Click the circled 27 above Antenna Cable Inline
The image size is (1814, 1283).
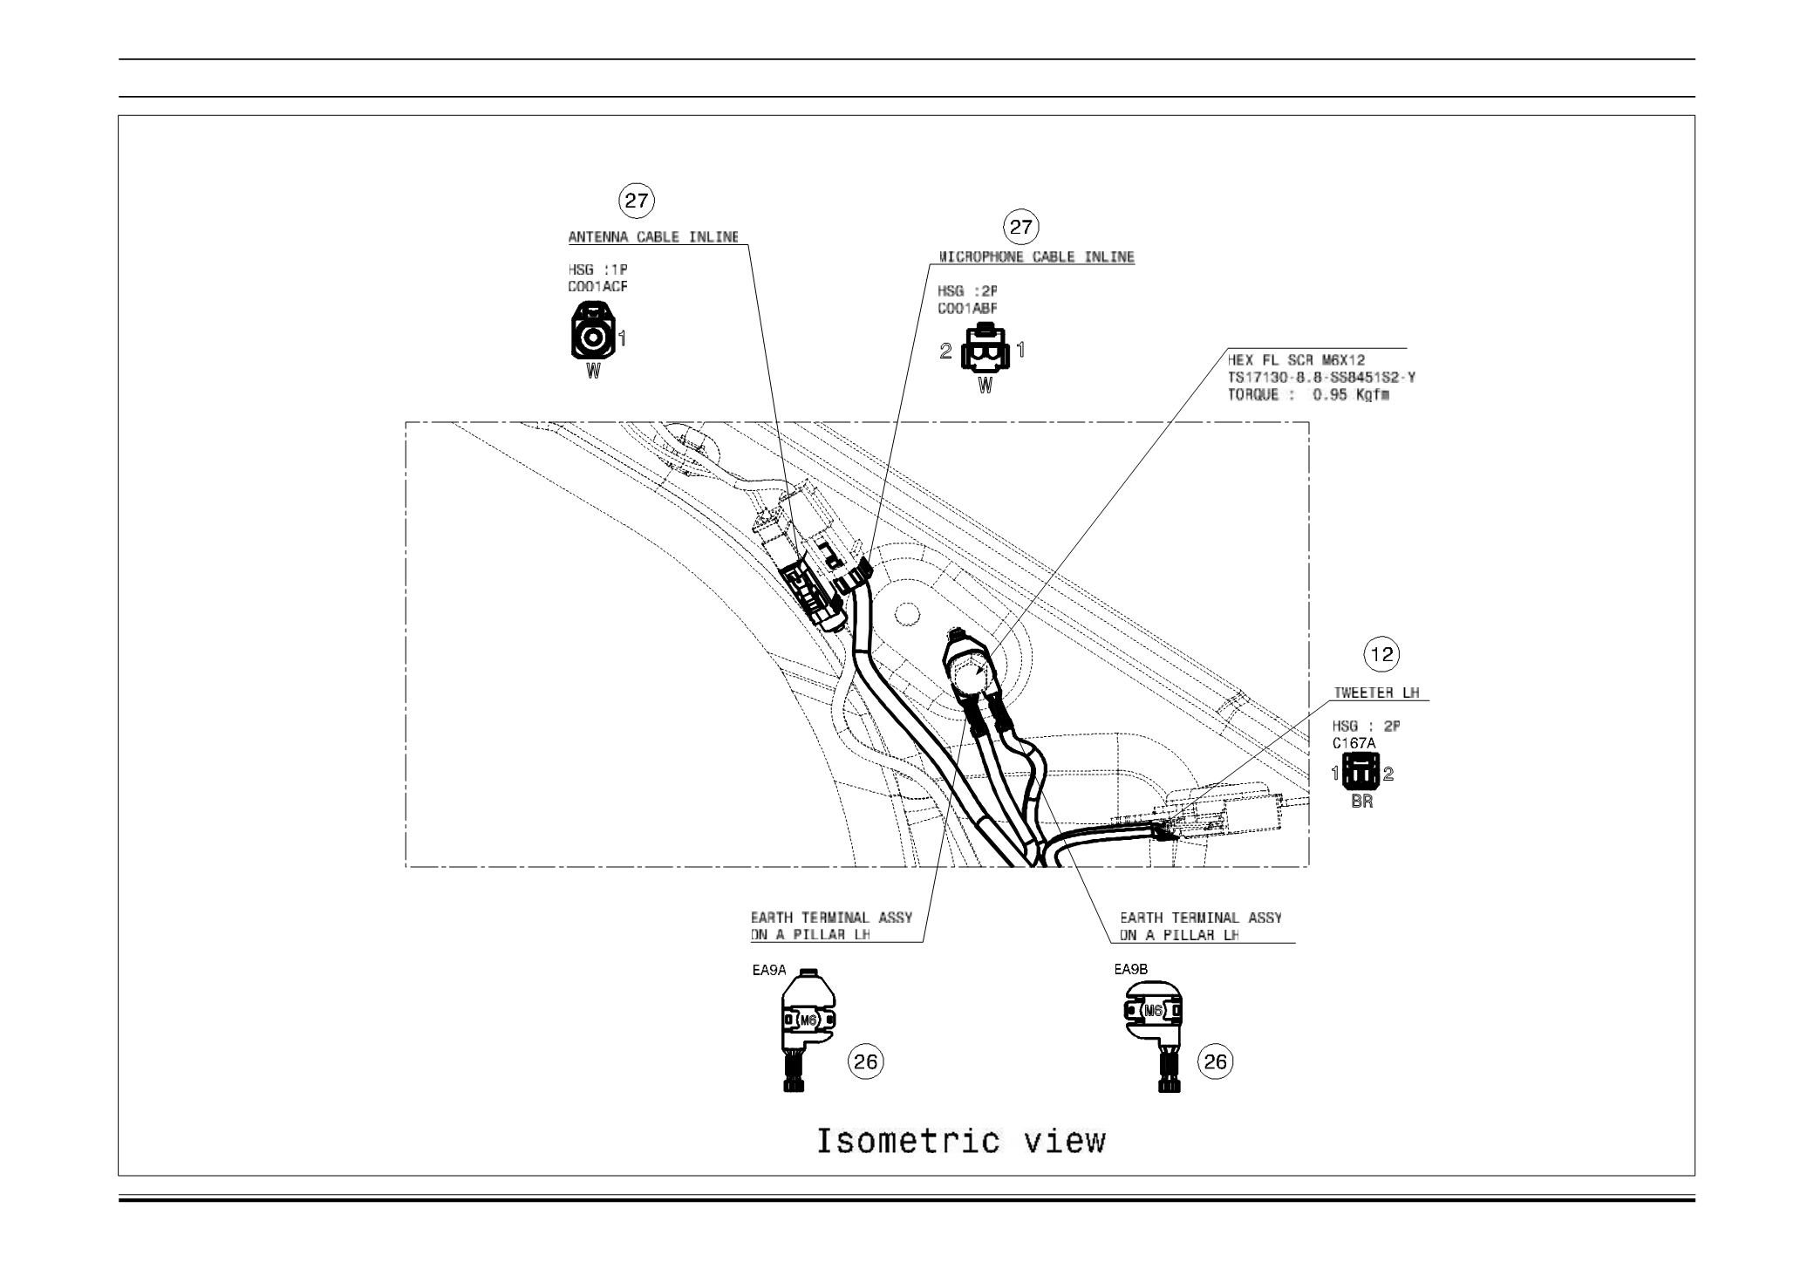tap(637, 201)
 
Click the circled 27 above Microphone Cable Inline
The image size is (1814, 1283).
tap(1020, 229)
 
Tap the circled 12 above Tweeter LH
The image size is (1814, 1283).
tap(1383, 654)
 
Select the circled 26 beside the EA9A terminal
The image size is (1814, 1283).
tap(865, 1061)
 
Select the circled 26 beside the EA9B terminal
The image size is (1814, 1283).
tap(1215, 1061)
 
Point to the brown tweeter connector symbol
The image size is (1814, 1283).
tap(1360, 773)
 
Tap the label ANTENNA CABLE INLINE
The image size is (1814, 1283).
tap(653, 237)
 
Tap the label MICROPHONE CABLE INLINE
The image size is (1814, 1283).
tap(1036, 257)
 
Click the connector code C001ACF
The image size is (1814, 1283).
tap(597, 286)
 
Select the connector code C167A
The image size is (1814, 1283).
tap(1354, 743)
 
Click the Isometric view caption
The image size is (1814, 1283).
tap(961, 1141)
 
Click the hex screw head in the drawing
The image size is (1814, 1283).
tap(968, 673)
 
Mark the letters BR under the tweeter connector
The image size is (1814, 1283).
tap(1361, 802)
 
